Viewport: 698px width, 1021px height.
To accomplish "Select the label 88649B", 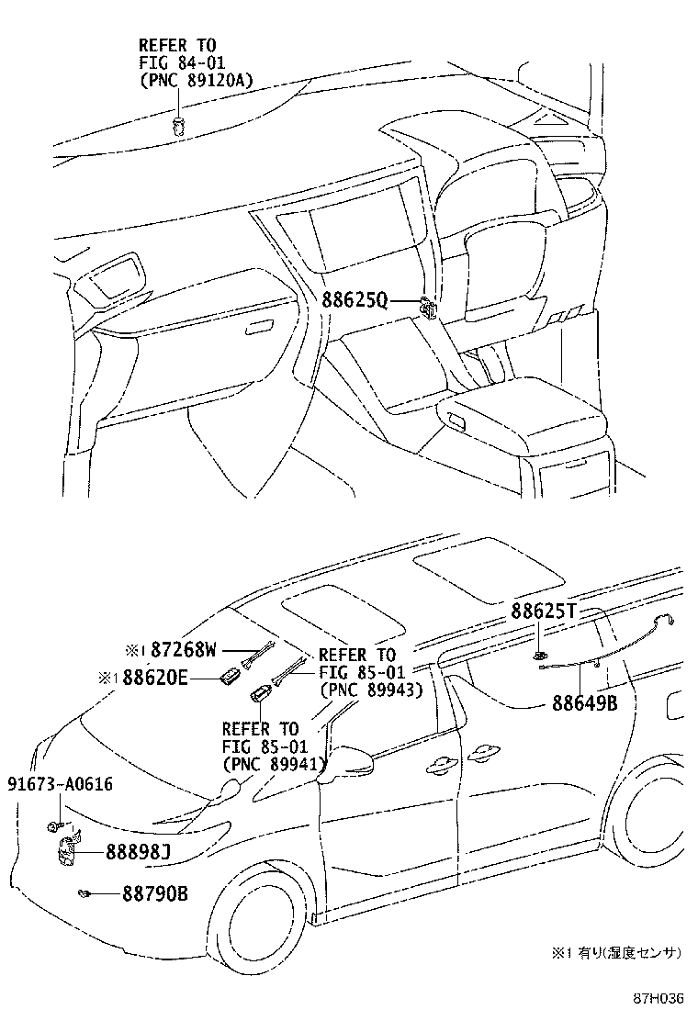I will click(x=584, y=702).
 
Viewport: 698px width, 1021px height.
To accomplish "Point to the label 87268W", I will click(x=184, y=650).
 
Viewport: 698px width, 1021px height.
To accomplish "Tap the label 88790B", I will click(x=154, y=892).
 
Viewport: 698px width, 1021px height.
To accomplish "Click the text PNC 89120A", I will click(x=195, y=80).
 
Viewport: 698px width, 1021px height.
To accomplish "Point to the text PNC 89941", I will click(x=275, y=762).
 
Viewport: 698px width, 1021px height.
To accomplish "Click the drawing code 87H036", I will click(x=659, y=997).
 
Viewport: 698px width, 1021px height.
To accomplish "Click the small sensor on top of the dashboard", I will click(x=179, y=126).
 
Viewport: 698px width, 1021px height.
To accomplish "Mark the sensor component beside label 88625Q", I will click(x=427, y=308).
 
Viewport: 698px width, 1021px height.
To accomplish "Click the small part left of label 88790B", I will click(x=84, y=892).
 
